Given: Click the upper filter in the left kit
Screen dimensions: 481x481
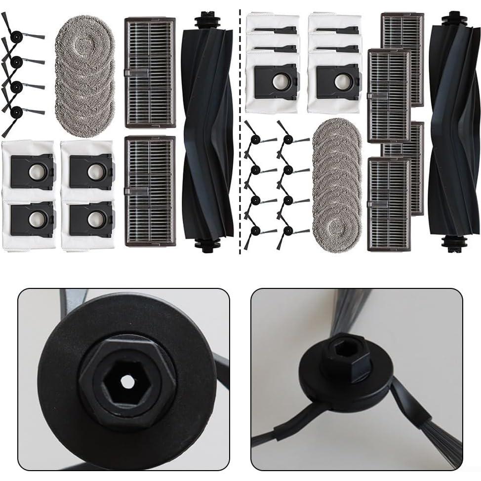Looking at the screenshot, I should (150, 72).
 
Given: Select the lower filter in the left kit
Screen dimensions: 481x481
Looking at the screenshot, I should (150, 191).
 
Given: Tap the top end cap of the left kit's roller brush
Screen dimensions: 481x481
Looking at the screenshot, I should (207, 22).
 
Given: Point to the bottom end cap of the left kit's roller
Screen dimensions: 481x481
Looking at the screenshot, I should (207, 245).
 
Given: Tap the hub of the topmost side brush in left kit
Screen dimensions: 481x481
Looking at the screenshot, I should (16, 36).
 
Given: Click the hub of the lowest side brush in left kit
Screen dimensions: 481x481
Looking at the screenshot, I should (16, 111).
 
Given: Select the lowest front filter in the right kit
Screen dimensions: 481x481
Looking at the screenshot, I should (389, 203).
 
